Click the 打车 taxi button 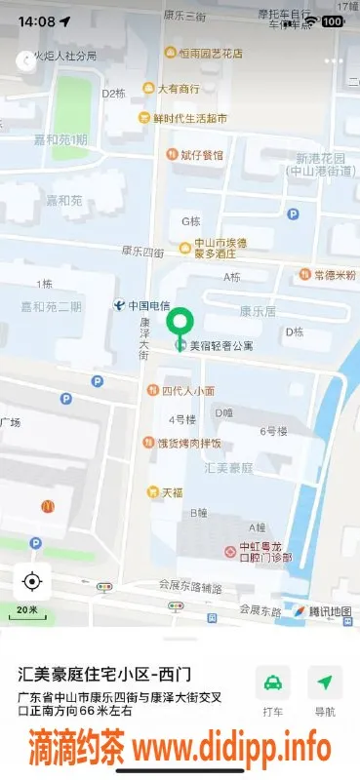(273, 690)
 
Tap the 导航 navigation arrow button (325, 690)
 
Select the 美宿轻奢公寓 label (220, 345)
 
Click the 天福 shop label (172, 492)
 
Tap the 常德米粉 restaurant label (334, 275)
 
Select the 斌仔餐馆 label (201, 155)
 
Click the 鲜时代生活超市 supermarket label (189, 119)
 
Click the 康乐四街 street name (142, 252)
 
